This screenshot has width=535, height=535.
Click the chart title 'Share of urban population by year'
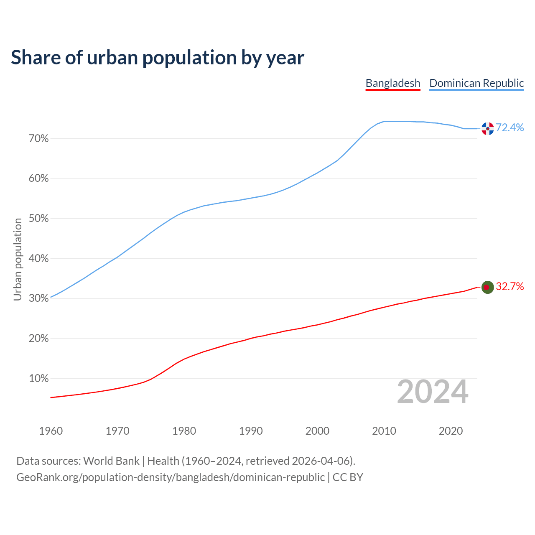click(x=158, y=58)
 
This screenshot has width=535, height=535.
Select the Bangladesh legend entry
click(x=393, y=83)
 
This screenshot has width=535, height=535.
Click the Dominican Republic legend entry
click(x=476, y=83)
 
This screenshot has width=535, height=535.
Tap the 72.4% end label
click(x=510, y=128)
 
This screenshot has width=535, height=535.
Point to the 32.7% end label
click(x=510, y=287)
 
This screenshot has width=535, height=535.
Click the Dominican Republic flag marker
click(x=487, y=129)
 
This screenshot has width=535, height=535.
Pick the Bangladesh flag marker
click(x=487, y=287)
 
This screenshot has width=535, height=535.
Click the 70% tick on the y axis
click(x=39, y=139)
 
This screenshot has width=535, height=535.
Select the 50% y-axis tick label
click(x=39, y=219)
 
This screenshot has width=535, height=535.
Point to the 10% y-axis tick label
click(x=39, y=379)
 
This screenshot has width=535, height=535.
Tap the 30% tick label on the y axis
click(x=39, y=298)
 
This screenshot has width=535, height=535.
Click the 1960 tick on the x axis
click(x=51, y=431)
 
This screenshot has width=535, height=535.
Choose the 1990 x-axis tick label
click(x=251, y=431)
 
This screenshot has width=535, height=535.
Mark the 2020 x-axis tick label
click(x=451, y=431)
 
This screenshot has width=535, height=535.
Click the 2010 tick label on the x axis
click(x=384, y=431)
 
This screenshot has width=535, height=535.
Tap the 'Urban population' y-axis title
click(x=18, y=259)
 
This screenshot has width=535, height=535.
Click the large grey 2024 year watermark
click(x=433, y=392)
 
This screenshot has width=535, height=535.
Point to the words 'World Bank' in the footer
click(x=111, y=461)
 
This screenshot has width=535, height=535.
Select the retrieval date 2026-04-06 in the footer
click(x=320, y=461)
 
